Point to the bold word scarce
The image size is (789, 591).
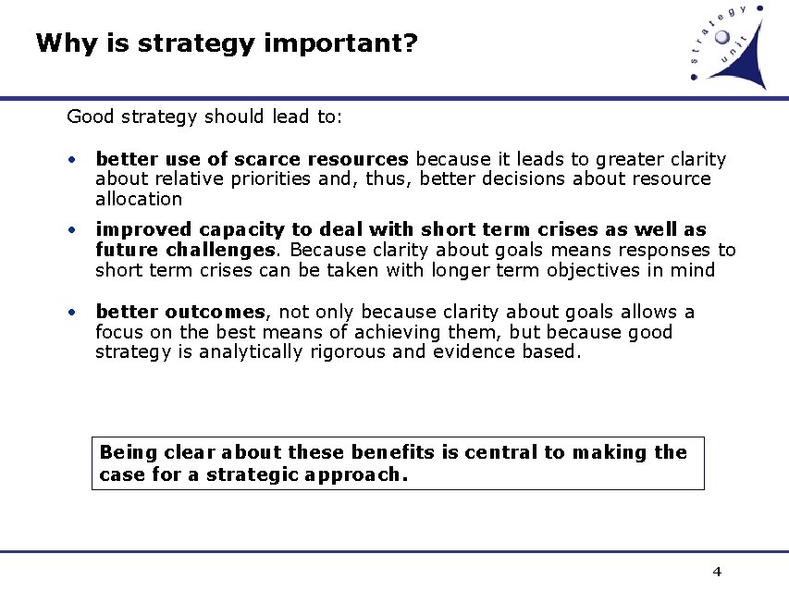(268, 159)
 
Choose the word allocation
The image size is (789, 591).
(139, 199)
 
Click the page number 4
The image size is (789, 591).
(717, 572)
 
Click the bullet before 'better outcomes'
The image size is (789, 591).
(71, 313)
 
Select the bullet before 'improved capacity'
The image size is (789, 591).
(71, 230)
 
